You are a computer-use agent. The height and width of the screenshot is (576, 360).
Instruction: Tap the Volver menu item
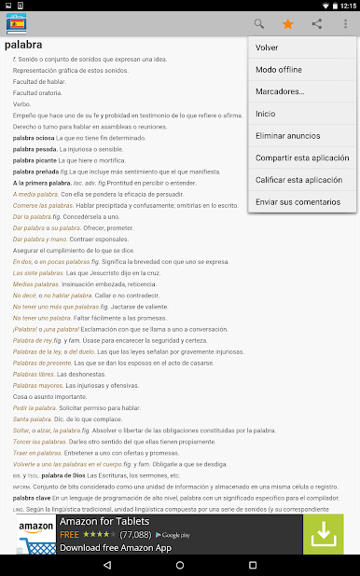click(x=267, y=48)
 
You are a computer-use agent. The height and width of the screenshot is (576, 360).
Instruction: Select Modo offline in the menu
click(x=277, y=70)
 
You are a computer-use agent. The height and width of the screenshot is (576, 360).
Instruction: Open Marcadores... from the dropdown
click(x=280, y=91)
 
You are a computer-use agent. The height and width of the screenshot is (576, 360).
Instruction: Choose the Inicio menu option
click(x=265, y=114)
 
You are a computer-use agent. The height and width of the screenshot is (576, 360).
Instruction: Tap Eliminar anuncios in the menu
click(x=286, y=135)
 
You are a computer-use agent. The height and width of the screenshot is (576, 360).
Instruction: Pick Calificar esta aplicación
click(x=298, y=179)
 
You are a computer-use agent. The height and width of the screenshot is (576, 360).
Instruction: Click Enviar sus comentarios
click(x=298, y=201)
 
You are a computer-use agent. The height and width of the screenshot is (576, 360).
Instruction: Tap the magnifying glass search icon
click(x=259, y=23)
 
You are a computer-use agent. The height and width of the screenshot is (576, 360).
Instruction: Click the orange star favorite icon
click(x=288, y=23)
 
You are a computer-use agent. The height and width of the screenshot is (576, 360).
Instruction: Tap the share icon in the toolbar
click(x=317, y=23)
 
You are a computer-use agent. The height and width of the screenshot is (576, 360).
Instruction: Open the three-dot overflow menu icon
click(x=345, y=23)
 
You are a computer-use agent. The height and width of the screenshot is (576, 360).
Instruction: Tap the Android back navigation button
click(x=108, y=565)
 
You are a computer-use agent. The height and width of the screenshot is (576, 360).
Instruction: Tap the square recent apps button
click(x=252, y=565)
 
